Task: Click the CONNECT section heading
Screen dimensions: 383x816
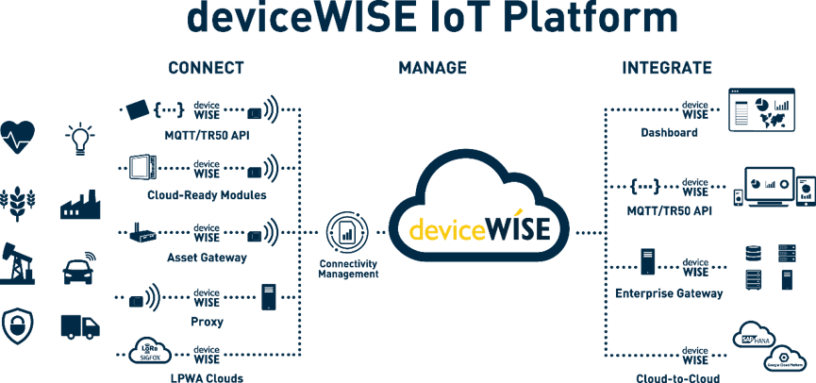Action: pos(206,68)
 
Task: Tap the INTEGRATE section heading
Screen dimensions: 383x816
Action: pos(666,68)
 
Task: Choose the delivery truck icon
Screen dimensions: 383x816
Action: pos(79,326)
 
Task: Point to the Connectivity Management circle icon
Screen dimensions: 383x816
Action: pos(344,232)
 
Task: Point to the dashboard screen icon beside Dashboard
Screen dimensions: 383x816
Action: pos(762,109)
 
